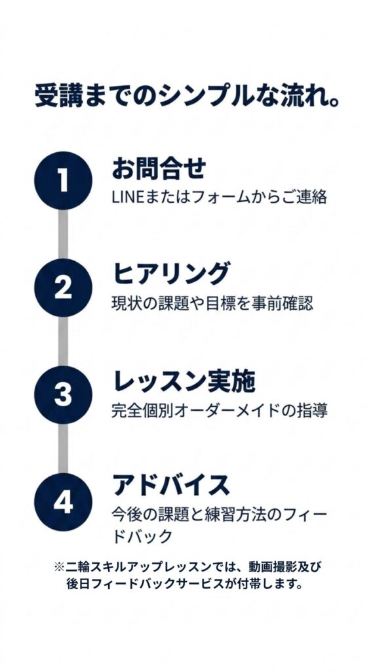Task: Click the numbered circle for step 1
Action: tap(64, 180)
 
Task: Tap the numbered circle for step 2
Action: tap(64, 287)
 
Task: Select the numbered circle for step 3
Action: tap(64, 394)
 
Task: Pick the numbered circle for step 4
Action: tap(64, 502)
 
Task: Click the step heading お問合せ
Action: tap(159, 169)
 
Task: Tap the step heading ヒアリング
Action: tap(171, 274)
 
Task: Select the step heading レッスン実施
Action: tap(184, 381)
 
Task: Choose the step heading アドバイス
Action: tap(171, 486)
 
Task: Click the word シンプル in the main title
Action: tap(203, 97)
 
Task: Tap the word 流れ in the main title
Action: tap(299, 97)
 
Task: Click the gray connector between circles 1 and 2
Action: tap(64, 234)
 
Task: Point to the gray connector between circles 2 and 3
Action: tap(64, 341)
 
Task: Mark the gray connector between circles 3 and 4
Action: tap(64, 448)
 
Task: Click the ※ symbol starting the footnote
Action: tap(59, 566)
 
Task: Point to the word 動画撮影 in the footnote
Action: tap(271, 566)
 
